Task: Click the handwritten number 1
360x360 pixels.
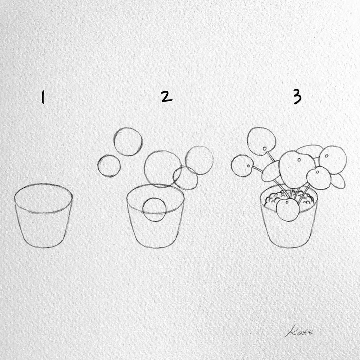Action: point(43,97)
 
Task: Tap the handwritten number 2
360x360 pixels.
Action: point(166,96)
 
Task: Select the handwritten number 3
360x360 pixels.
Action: point(297,97)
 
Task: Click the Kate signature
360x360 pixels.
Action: point(299,331)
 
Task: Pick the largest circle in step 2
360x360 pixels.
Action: point(163,169)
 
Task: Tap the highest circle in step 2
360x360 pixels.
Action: point(128,142)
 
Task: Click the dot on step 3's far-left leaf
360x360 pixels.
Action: point(249,166)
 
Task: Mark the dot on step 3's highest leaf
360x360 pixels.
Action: point(265,149)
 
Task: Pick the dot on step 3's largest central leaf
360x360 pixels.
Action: point(299,160)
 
